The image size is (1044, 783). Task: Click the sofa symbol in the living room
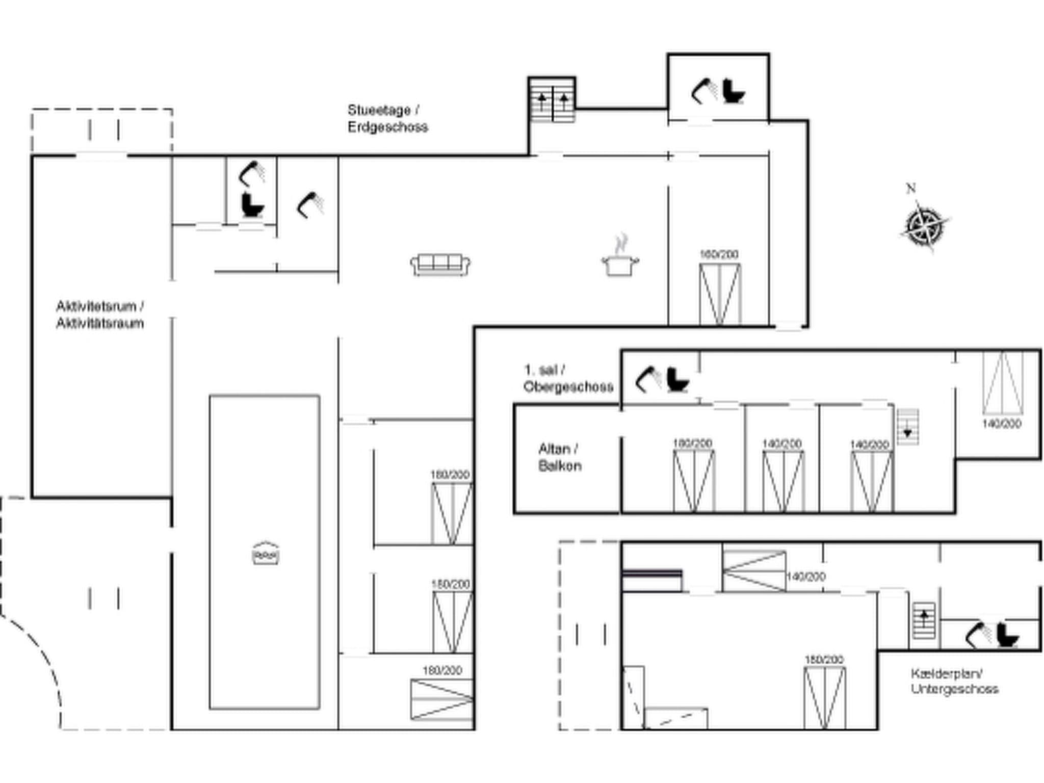440,265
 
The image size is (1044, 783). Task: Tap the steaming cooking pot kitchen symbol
620,258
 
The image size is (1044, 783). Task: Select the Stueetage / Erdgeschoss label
387,118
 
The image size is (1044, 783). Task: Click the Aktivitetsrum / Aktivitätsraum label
100,315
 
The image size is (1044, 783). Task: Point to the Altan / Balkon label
559,457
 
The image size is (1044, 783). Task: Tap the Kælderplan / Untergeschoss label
954,681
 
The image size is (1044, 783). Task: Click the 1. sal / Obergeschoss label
568,378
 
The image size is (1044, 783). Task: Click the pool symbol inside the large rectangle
266,553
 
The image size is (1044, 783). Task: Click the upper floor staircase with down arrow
907,427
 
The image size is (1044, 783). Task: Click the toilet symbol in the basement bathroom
1007,635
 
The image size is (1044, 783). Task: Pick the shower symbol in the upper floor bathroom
647,379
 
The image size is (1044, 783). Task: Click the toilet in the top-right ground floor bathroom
734,91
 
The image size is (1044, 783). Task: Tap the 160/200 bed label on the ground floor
719,254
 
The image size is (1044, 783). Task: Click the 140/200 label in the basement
805,577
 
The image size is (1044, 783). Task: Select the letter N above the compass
911,188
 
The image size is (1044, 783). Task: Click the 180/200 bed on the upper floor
694,481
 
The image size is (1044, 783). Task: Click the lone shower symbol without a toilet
310,205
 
